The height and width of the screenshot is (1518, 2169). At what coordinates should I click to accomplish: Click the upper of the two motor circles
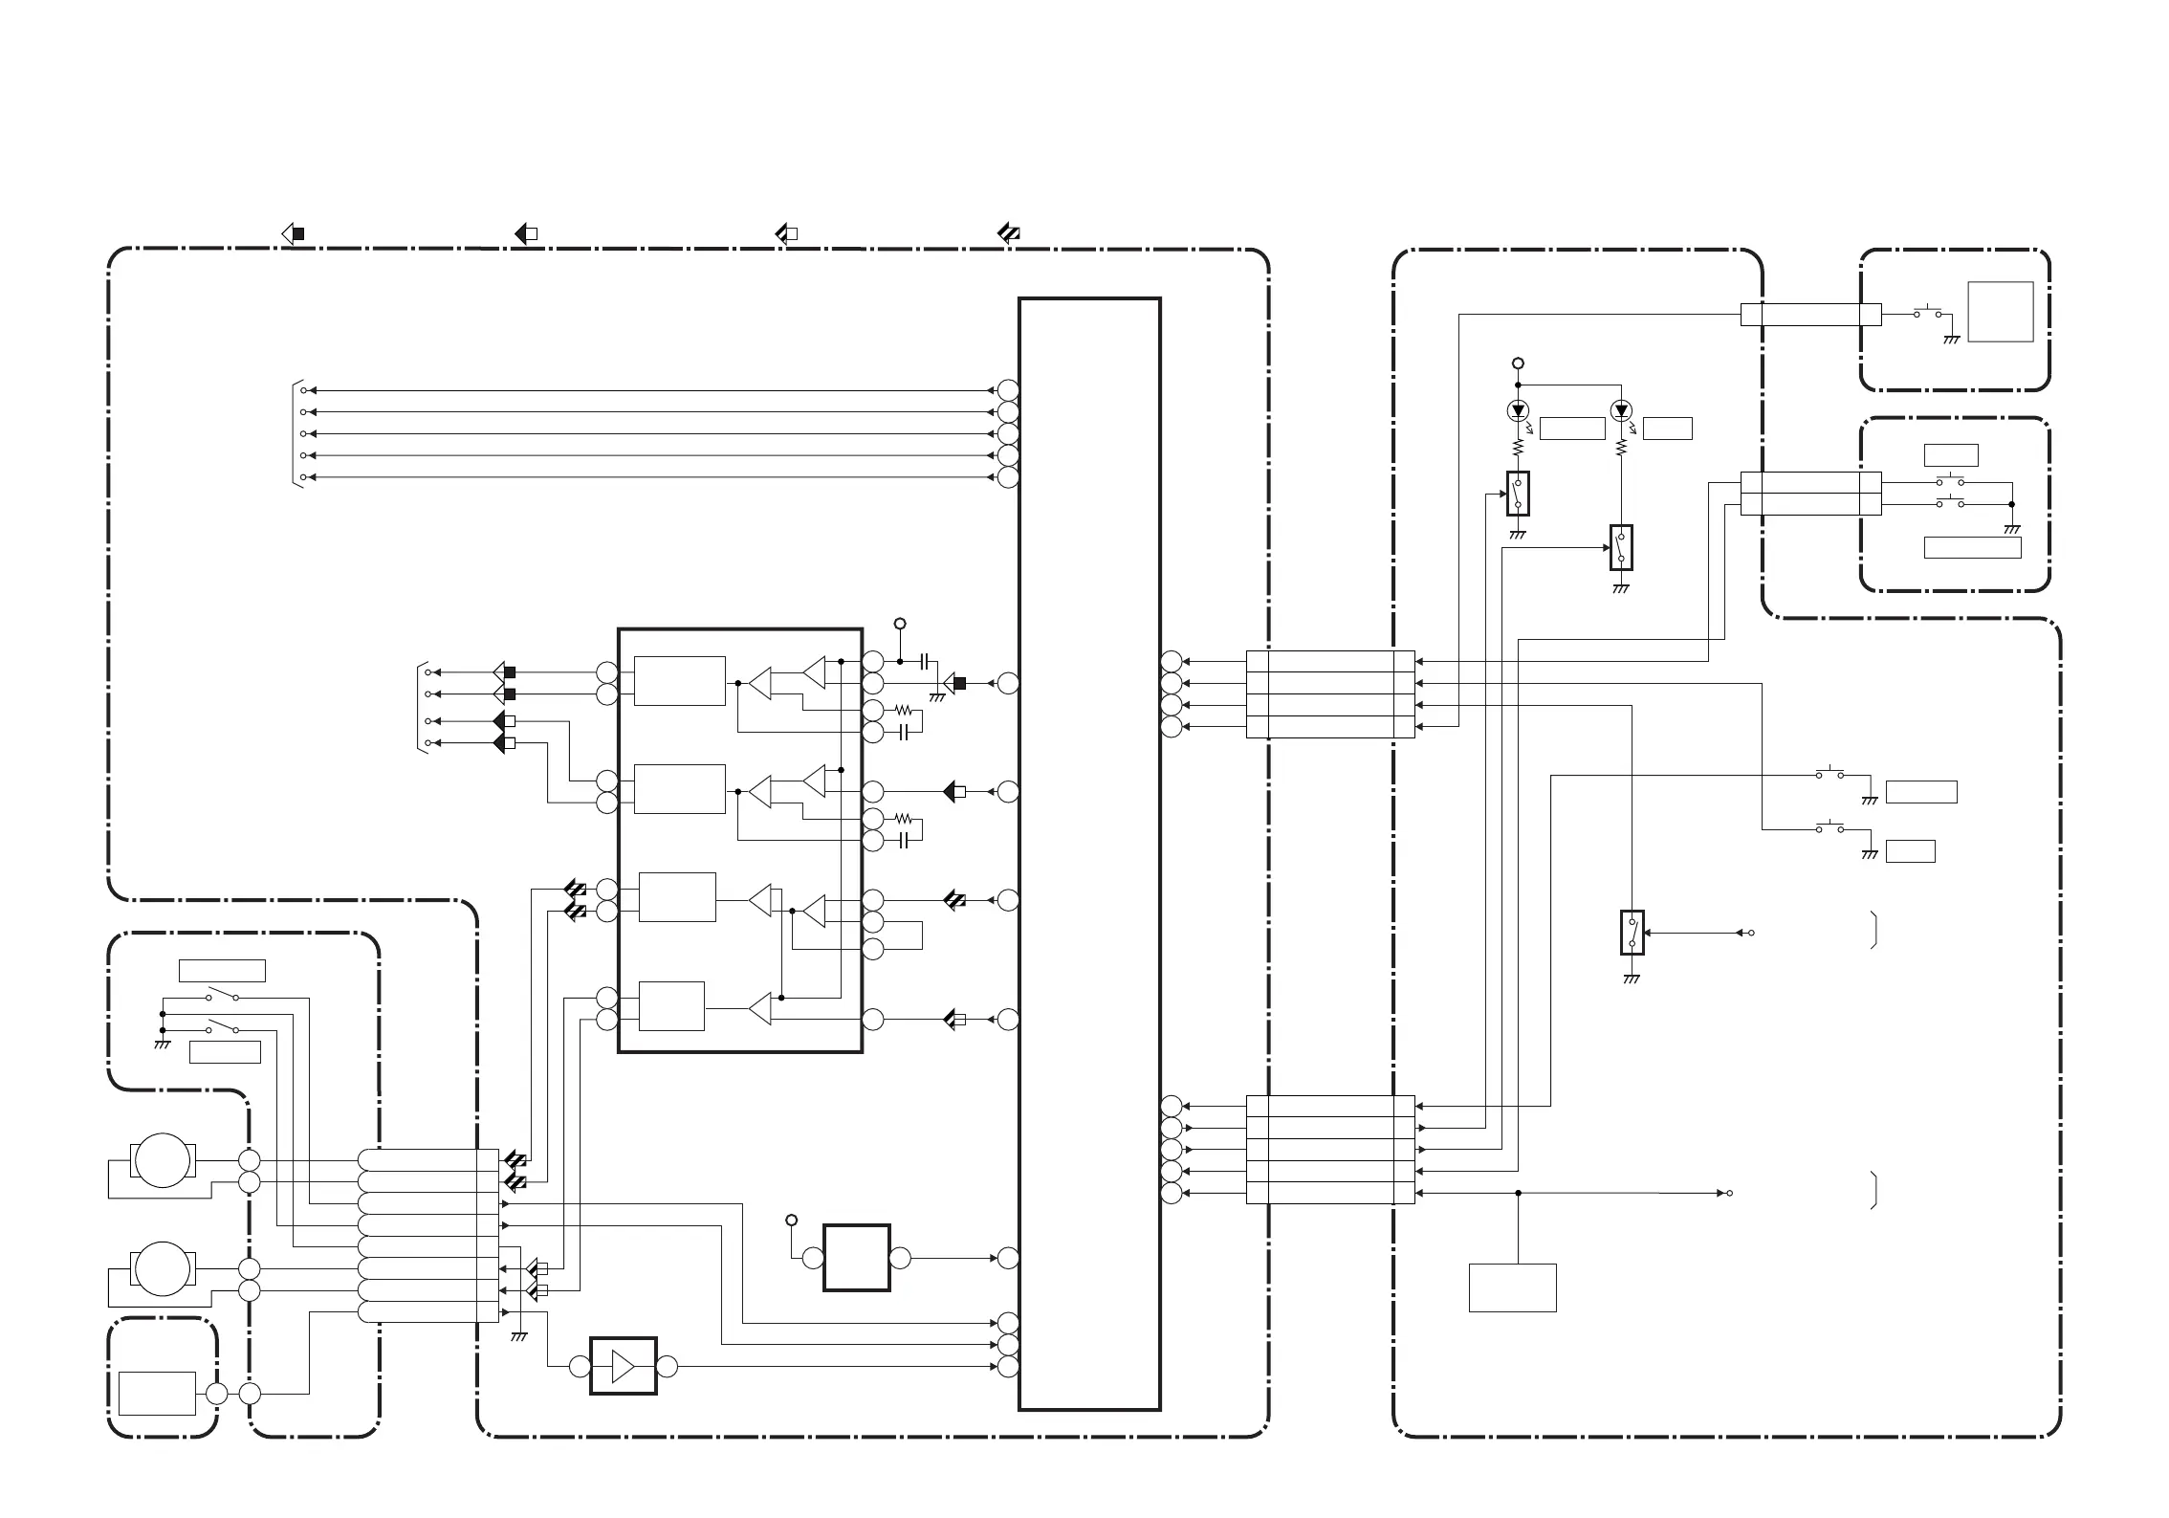tap(163, 1160)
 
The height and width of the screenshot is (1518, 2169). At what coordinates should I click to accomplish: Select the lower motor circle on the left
tap(163, 1269)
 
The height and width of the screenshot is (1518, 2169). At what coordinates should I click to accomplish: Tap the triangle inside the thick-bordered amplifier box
tap(624, 1366)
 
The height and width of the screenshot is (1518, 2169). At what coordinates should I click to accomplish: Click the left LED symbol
tap(1517, 411)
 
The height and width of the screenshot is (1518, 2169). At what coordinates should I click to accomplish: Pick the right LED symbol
tap(1620, 411)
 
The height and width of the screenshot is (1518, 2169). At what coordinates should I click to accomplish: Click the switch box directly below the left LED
tap(1518, 494)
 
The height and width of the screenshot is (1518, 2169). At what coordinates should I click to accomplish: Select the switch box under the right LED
tap(1621, 547)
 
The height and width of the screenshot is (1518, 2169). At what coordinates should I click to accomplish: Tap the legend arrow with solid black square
tap(292, 233)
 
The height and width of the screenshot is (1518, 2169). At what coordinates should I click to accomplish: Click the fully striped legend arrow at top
tap(1008, 233)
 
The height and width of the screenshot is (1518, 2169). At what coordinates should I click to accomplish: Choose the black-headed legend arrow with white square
tap(526, 233)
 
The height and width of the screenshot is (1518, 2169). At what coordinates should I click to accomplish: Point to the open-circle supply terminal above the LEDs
tap(1517, 363)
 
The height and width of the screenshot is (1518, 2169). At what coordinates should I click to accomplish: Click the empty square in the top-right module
tap(2000, 312)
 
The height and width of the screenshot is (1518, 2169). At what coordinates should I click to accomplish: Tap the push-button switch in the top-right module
tap(1927, 313)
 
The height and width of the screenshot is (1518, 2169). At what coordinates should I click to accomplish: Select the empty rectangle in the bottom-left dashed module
tap(157, 1393)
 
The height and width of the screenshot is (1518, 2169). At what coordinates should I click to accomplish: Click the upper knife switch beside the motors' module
tap(222, 997)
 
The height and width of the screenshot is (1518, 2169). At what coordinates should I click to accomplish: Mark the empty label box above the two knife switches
tap(222, 970)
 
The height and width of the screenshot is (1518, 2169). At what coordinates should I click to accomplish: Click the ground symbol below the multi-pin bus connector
tap(518, 1337)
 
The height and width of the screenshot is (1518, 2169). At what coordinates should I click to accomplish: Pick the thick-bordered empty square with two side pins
tap(856, 1258)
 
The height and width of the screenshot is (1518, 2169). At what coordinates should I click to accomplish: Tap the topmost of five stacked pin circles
tap(1008, 390)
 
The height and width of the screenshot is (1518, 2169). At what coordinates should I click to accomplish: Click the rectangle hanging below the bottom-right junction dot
tap(1512, 1287)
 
